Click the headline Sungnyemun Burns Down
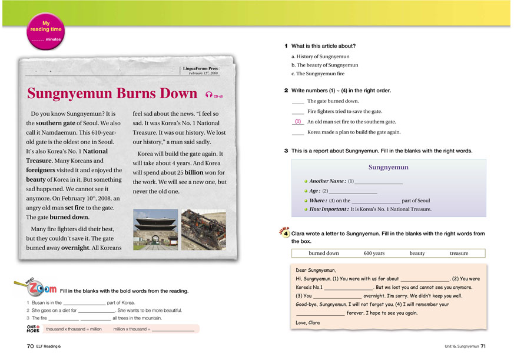coord(112,94)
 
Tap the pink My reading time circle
coord(45,32)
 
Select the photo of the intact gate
coord(155,229)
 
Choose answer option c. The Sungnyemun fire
coord(318,74)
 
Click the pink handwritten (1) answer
coord(298,121)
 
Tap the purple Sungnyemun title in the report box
coord(388,167)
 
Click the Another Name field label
coord(327,181)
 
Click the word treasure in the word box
coord(459,254)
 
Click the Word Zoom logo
coord(35,288)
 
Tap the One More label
coord(33,329)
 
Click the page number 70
coord(30,346)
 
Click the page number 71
coord(483,346)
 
